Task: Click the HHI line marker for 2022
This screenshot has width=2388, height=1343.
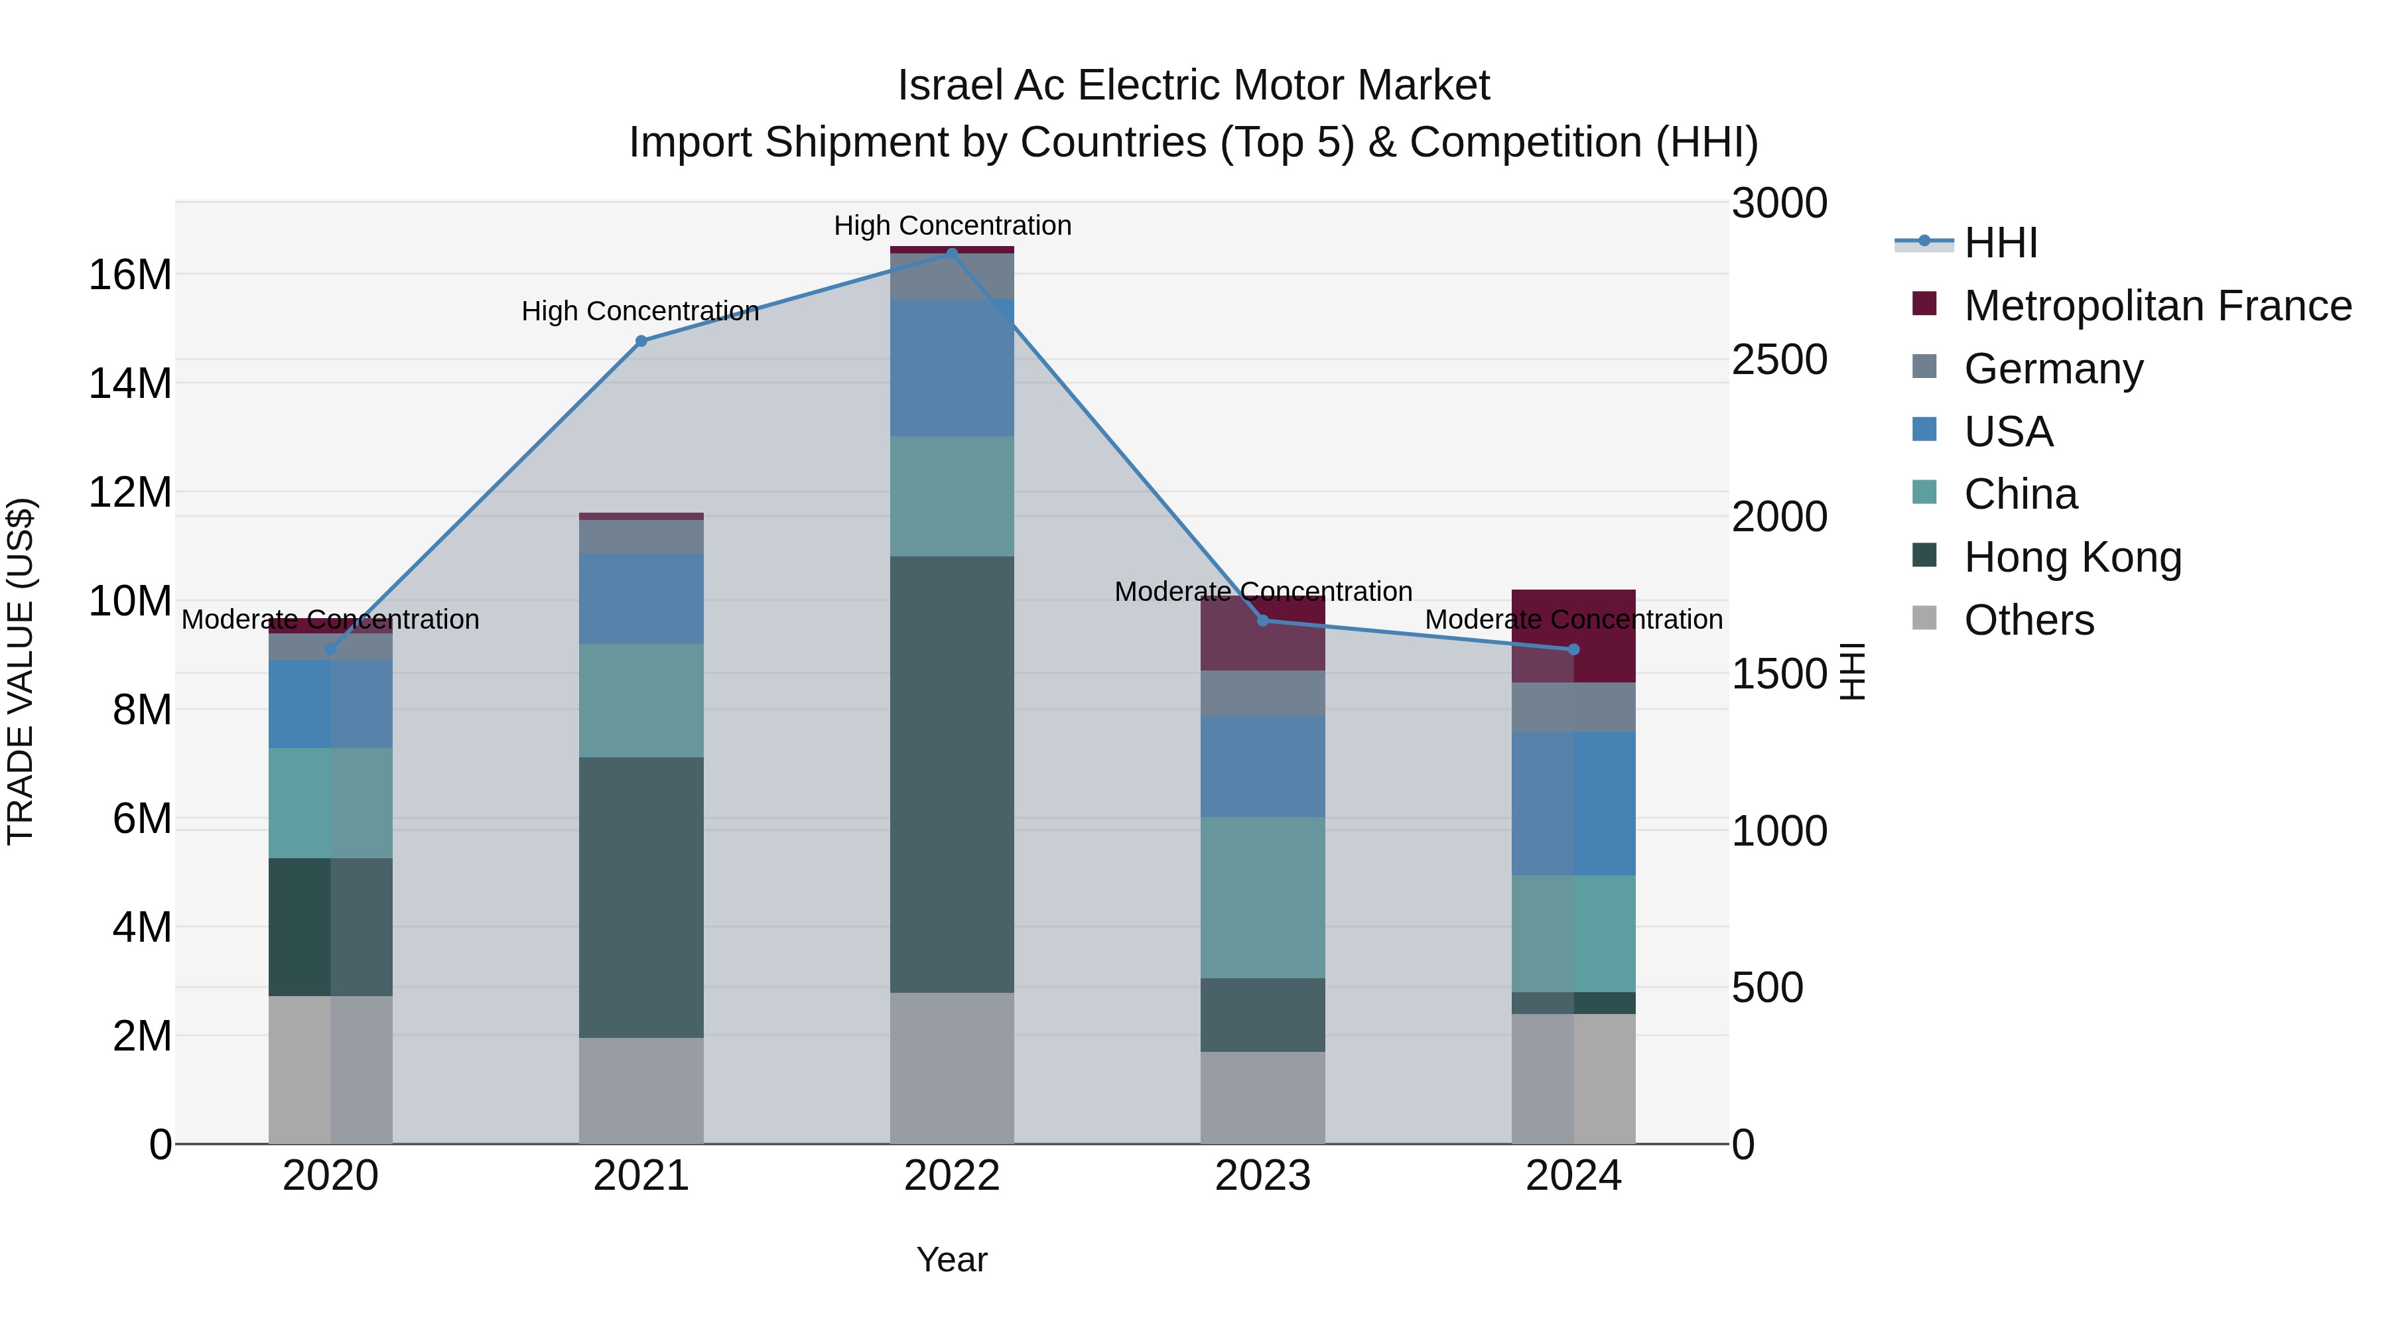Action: click(951, 253)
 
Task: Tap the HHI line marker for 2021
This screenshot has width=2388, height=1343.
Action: click(641, 341)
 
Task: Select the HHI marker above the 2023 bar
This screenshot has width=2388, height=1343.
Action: click(1262, 620)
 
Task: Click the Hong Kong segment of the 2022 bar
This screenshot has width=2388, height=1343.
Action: click(951, 774)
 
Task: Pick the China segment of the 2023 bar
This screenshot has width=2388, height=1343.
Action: click(1262, 897)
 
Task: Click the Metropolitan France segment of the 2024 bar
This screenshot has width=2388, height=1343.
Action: click(1573, 636)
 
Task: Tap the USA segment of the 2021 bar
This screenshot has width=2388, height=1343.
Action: click(641, 599)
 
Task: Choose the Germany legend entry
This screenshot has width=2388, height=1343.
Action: click(2052, 369)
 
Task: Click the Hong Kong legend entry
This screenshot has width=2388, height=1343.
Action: click(2072, 557)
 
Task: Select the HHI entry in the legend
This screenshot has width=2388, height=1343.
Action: click(2001, 243)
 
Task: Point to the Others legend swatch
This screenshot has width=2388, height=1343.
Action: click(1924, 618)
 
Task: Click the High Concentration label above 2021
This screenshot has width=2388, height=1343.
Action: click(641, 312)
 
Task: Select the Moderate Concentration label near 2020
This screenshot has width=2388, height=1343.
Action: click(330, 619)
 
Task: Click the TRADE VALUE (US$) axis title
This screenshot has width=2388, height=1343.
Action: click(21, 671)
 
